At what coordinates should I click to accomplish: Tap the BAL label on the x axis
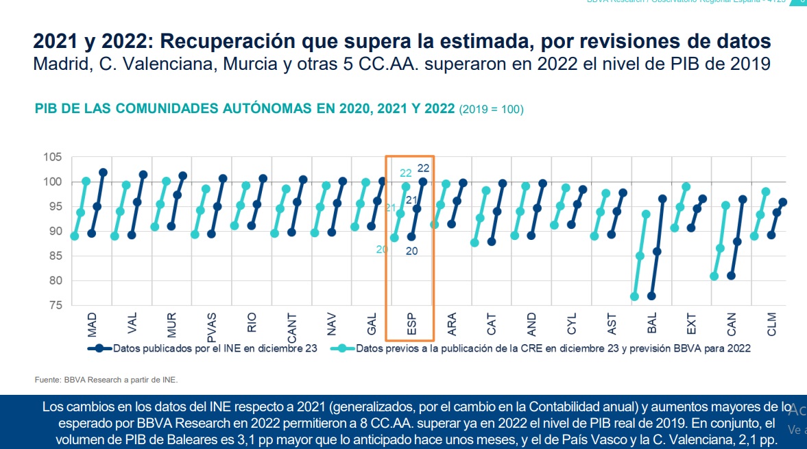652,324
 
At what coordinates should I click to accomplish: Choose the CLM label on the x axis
773,324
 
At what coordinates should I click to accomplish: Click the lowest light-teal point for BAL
634,297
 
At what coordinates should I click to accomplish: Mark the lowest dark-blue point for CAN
732,276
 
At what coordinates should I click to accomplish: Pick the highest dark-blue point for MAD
104,172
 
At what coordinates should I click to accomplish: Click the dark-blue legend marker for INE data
99,348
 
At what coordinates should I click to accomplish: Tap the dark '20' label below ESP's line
411,251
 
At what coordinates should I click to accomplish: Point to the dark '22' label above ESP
423,167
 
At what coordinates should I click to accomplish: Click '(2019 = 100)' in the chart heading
491,109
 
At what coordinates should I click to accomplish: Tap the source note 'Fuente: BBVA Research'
106,379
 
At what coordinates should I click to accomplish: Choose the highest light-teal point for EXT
686,186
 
